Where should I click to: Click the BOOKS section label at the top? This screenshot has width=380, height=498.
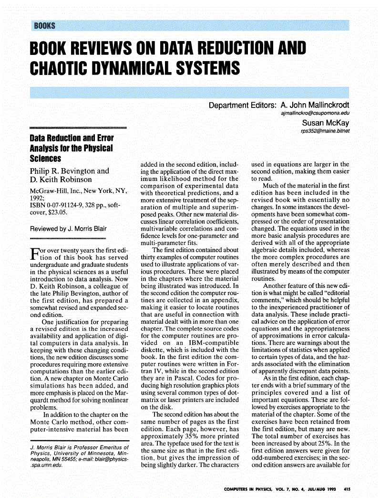pyautogui.click(x=44, y=26)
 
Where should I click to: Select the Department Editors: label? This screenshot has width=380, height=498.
pyautogui.click(x=242, y=105)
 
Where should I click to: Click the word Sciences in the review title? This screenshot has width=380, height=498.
pyautogui.click(x=45, y=158)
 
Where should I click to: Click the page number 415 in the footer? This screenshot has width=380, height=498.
pyautogui.click(x=347, y=489)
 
